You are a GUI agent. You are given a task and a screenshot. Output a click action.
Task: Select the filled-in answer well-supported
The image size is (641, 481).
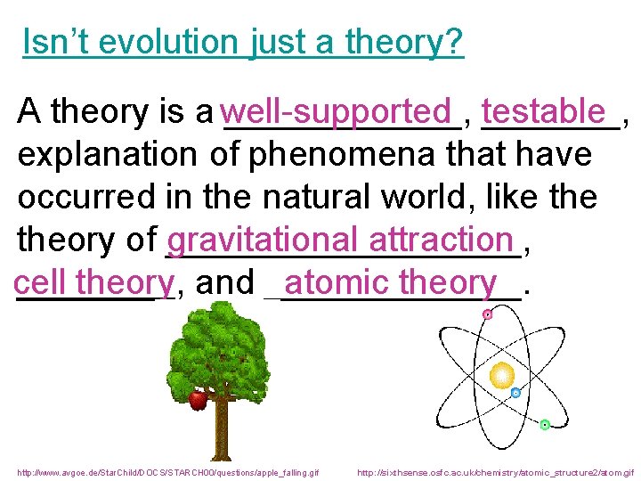pyautogui.click(x=337, y=112)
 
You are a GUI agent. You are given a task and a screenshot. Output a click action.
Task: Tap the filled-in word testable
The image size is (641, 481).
pyautogui.click(x=542, y=112)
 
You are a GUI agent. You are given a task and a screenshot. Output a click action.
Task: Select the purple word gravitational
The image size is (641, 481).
pyautogui.click(x=264, y=240)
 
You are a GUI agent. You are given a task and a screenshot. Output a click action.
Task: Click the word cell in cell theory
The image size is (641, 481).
pyautogui.click(x=40, y=282)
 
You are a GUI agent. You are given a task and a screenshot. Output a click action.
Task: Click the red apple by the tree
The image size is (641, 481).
pyautogui.click(x=198, y=401)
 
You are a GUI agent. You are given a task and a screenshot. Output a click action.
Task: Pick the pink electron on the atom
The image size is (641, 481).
pyautogui.click(x=487, y=314)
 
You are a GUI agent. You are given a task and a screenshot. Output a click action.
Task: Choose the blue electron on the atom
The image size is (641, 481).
pyautogui.click(x=515, y=393)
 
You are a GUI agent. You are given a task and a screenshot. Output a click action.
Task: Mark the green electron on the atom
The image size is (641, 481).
pyautogui.click(x=545, y=425)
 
